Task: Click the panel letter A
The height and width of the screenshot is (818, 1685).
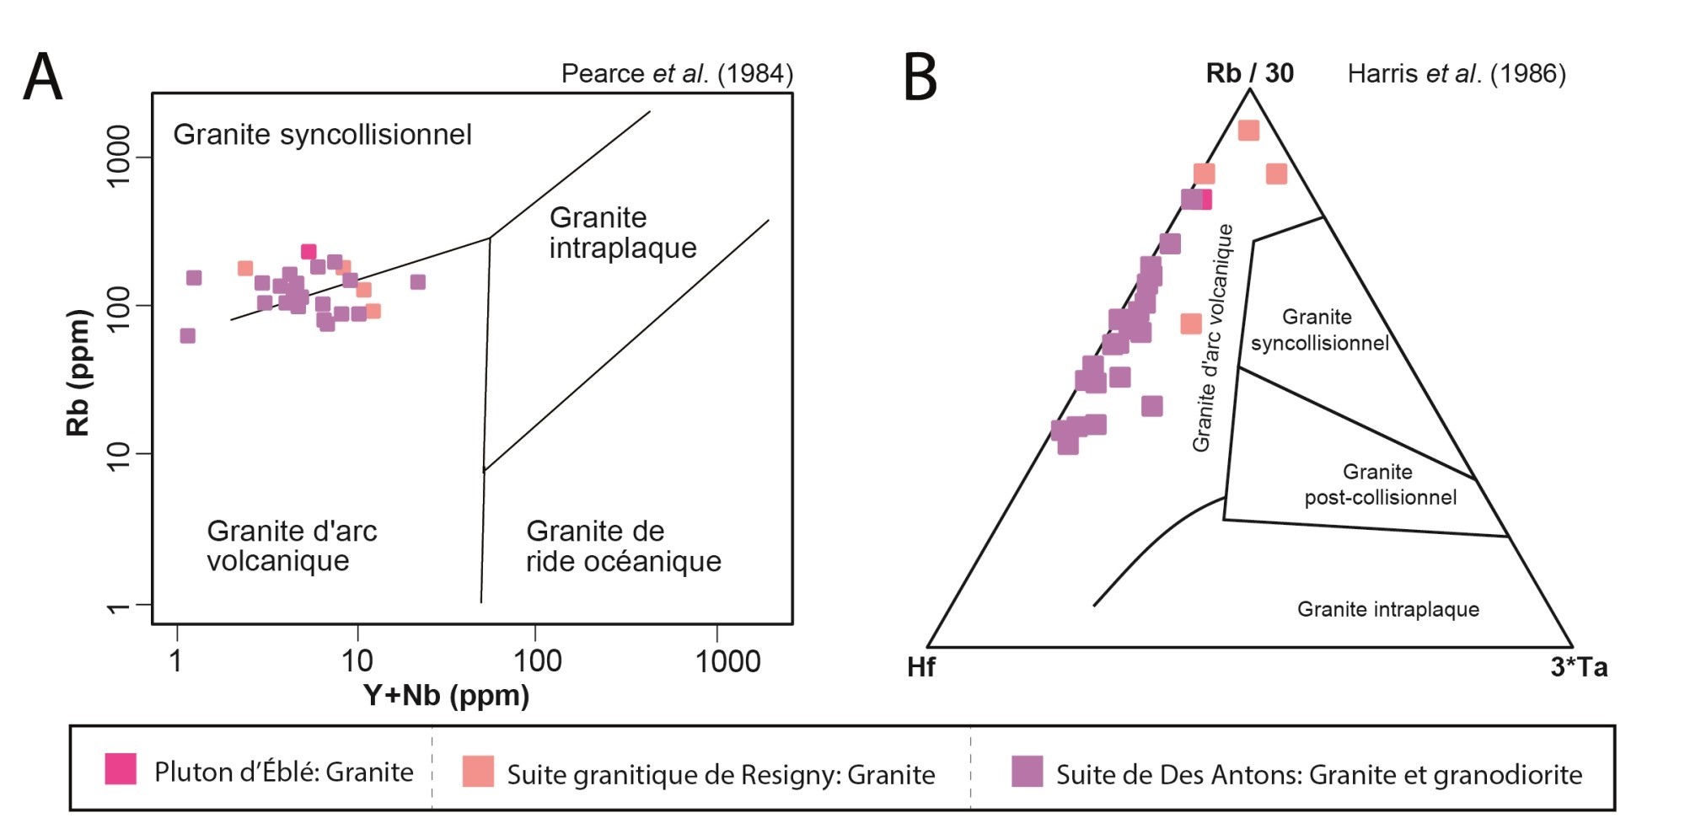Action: [43, 77]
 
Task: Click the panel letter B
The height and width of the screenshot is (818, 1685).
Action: [920, 77]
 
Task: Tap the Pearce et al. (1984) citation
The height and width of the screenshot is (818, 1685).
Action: [677, 74]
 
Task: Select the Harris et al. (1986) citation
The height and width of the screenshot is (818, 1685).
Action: [1456, 74]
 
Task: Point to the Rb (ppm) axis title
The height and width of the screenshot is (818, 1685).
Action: [78, 372]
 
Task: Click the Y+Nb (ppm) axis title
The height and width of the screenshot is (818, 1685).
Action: [446, 696]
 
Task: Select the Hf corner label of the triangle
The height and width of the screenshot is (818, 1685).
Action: [920, 667]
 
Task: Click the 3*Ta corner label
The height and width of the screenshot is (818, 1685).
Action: [1579, 667]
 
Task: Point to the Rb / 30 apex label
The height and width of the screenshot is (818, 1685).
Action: [1249, 74]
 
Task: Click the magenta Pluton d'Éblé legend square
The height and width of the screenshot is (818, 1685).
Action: [121, 769]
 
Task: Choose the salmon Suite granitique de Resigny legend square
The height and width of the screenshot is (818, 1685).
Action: [478, 771]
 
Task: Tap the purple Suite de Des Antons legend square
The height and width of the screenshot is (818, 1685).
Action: [1027, 771]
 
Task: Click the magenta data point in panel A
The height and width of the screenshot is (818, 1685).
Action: [309, 252]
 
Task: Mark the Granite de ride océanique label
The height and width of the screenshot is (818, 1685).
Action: [623, 546]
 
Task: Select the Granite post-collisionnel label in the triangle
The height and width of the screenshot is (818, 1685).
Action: [1380, 484]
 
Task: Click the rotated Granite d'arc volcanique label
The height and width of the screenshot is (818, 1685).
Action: [1213, 338]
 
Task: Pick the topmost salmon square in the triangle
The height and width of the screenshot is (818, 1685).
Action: [1248, 131]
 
